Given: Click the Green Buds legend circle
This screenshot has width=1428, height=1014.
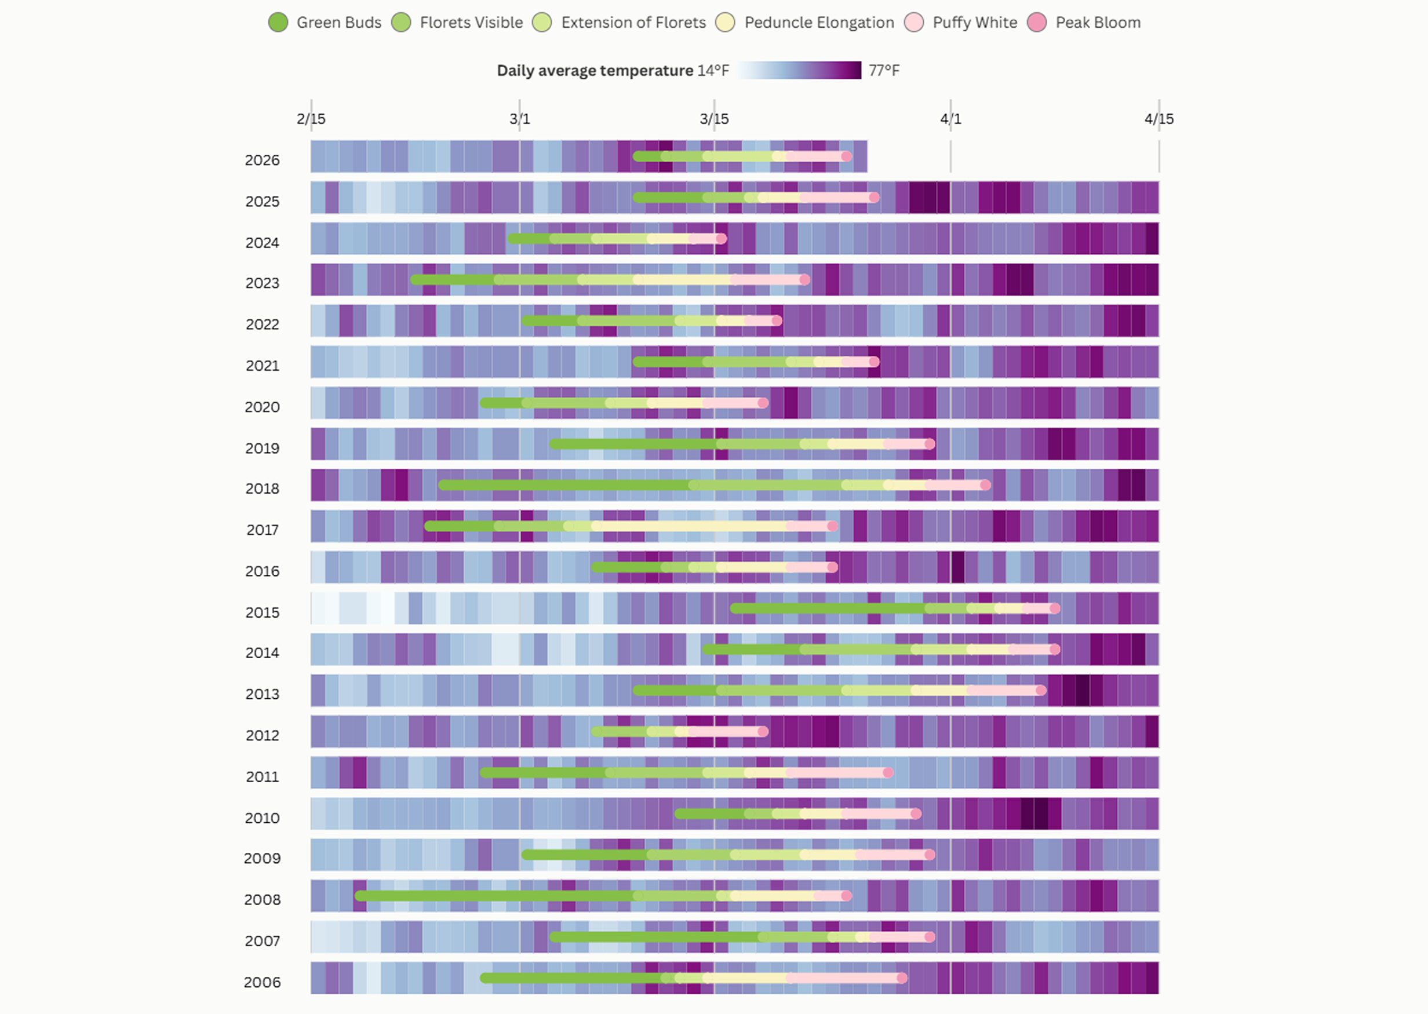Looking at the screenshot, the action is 278,23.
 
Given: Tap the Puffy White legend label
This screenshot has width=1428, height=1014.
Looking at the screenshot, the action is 975,23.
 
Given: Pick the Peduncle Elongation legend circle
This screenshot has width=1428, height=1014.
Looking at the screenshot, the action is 725,23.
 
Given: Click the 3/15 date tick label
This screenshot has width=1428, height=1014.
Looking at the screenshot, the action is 713,119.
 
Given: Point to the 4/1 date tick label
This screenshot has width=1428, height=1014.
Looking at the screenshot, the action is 950,119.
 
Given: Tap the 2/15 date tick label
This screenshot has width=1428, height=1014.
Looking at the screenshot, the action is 311,119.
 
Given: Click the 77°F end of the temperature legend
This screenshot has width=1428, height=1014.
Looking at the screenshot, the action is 884,71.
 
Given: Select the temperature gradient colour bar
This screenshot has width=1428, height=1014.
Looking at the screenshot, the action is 799,70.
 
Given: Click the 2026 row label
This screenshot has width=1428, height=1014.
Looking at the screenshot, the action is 263,161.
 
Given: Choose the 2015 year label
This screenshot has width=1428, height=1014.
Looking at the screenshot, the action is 263,612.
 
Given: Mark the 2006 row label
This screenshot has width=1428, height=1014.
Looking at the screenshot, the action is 263,982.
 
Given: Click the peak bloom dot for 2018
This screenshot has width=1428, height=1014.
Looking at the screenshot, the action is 985,485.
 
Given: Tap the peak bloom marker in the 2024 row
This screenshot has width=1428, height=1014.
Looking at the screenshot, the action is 721,239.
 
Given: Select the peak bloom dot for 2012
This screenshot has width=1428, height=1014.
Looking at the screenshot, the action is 763,731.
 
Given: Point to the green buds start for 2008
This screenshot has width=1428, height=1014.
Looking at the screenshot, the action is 360,896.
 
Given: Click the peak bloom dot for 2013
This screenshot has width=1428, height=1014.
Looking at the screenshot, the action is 1041,690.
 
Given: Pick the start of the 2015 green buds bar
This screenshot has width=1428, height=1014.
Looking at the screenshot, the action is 735,608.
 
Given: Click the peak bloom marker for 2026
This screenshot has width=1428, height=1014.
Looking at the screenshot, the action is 846,156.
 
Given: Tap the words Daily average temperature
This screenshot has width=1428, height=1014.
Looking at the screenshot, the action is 595,71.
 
